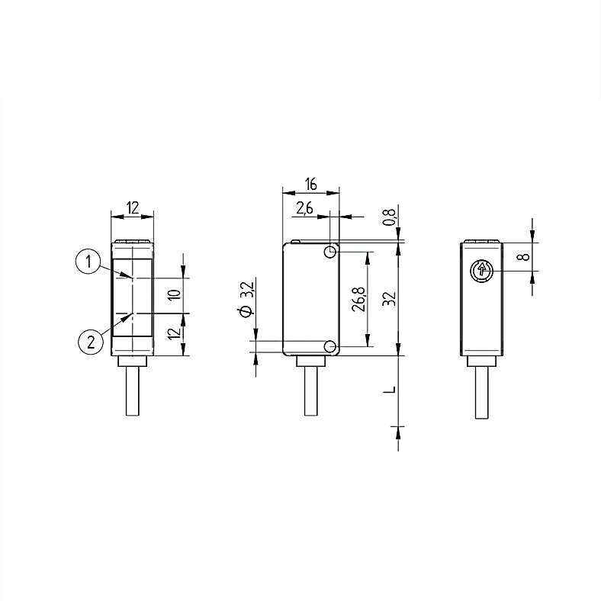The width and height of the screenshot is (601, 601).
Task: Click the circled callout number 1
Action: [88, 262]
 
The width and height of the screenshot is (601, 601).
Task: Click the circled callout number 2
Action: [91, 341]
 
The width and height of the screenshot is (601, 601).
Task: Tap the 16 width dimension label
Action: [311, 184]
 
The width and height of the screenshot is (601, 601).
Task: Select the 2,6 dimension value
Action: [304, 208]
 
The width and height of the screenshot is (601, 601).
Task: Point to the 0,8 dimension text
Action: [390, 217]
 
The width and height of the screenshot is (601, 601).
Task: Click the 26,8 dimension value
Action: [359, 299]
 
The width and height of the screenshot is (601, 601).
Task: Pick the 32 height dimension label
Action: [389, 298]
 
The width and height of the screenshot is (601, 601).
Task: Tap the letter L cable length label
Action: [390, 390]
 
